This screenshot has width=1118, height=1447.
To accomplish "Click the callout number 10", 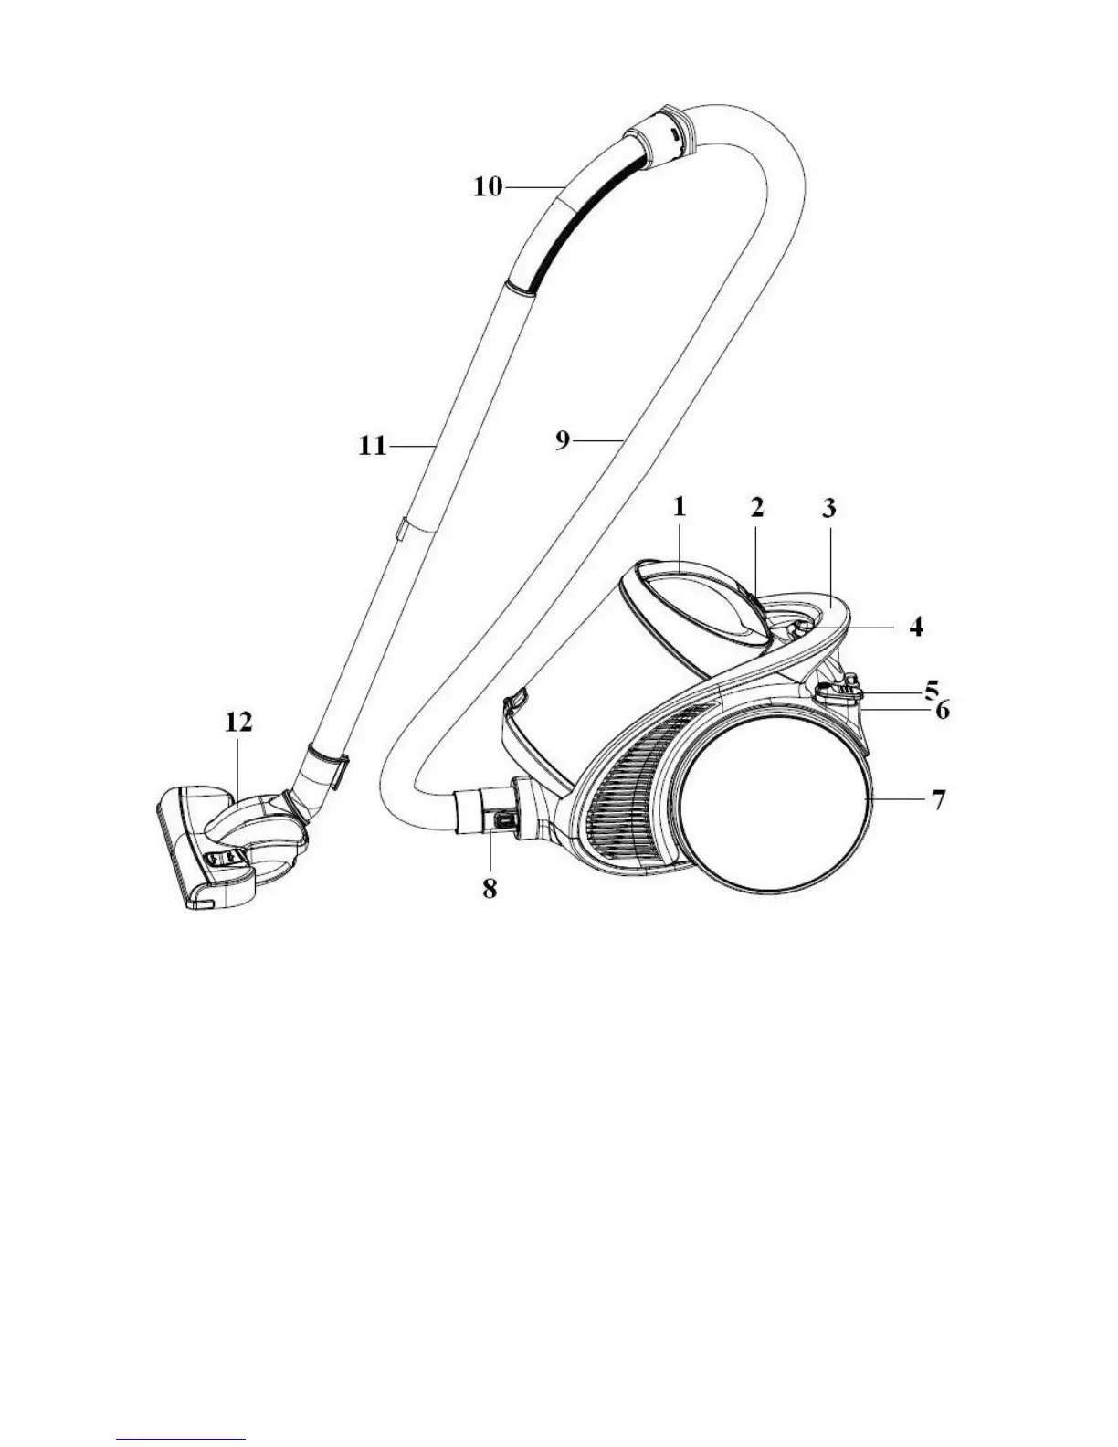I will click(x=487, y=186).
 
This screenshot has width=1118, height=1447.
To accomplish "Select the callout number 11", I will click(x=373, y=448).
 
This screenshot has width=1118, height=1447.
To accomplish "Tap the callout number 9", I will click(x=563, y=440).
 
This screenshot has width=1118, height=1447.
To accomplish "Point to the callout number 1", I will click(x=680, y=508).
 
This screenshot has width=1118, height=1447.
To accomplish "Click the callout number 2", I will click(x=757, y=508).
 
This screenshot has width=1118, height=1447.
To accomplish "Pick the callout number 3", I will click(x=828, y=508).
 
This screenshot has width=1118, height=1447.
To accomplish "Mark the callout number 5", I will click(x=931, y=687).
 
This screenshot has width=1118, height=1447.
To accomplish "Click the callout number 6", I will click(x=941, y=709).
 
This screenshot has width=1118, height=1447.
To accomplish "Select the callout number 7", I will click(x=937, y=800).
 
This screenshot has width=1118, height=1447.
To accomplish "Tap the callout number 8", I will click(x=490, y=887).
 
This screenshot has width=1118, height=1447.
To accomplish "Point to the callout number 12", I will click(x=238, y=723).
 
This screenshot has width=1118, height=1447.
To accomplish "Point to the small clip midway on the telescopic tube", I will click(x=400, y=530).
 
